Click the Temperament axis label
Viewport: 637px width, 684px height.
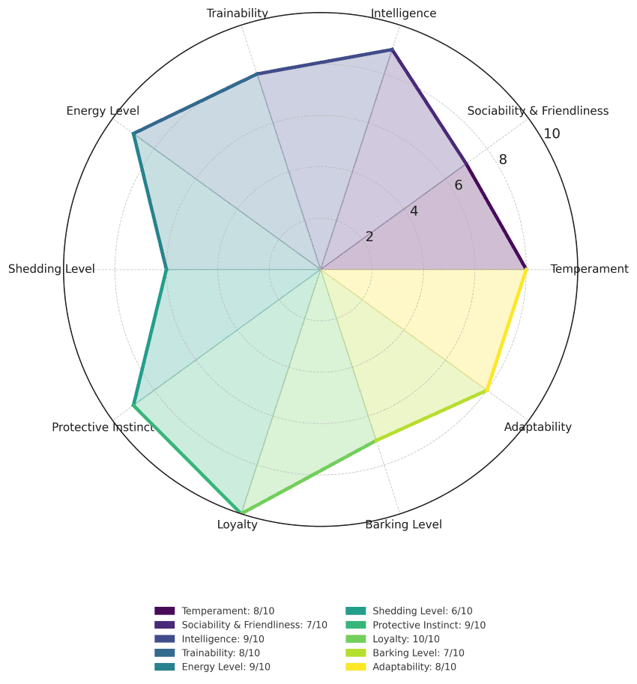point(589,269)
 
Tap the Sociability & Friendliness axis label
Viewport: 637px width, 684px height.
point(537,111)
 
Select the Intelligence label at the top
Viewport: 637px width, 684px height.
point(404,13)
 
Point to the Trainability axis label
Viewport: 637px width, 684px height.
point(237,13)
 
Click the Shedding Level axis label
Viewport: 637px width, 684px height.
point(52,269)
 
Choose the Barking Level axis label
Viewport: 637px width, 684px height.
point(403,524)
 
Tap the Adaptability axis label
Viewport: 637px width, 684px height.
point(537,427)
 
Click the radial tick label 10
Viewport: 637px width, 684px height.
point(552,134)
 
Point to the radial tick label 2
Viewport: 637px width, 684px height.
point(369,237)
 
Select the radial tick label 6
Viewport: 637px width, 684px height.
point(458,185)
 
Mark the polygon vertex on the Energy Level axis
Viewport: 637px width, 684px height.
point(133,133)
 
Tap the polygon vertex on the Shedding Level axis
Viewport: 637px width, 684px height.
point(166,269)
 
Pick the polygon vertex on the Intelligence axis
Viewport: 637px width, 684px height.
point(392,49)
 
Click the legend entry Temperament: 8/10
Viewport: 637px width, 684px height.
point(228,611)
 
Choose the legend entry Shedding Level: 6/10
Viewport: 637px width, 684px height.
point(422,611)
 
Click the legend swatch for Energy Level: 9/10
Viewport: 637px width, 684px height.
point(164,667)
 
